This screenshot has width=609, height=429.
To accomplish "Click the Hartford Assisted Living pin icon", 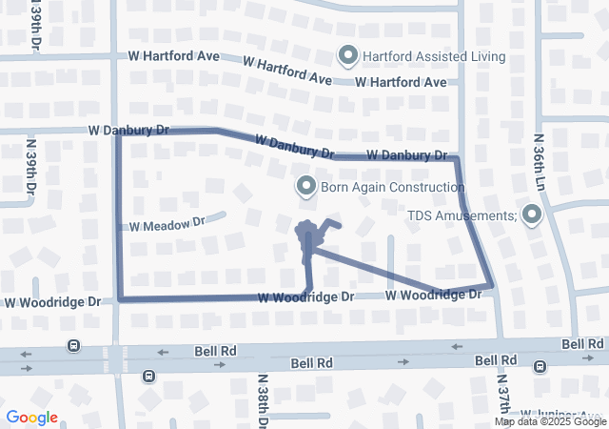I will [x=347, y=56].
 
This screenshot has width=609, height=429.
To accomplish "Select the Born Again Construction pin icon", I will [x=306, y=187].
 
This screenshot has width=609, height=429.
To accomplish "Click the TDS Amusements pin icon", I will [x=530, y=216].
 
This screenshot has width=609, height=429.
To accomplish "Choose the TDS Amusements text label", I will [x=462, y=216].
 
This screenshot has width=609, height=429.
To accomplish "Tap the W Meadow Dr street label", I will [x=167, y=224].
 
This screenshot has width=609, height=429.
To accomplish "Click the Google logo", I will [x=31, y=418].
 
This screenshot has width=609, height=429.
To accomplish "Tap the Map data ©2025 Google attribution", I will [x=550, y=421].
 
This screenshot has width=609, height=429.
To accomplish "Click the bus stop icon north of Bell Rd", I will [x=72, y=345].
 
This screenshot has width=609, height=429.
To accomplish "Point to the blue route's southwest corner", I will [x=120, y=298].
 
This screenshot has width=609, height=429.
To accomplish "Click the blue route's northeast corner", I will [x=456, y=158].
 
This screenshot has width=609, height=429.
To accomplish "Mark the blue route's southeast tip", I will [x=490, y=285].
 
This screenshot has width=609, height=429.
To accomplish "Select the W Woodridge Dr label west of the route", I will [x=52, y=302].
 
